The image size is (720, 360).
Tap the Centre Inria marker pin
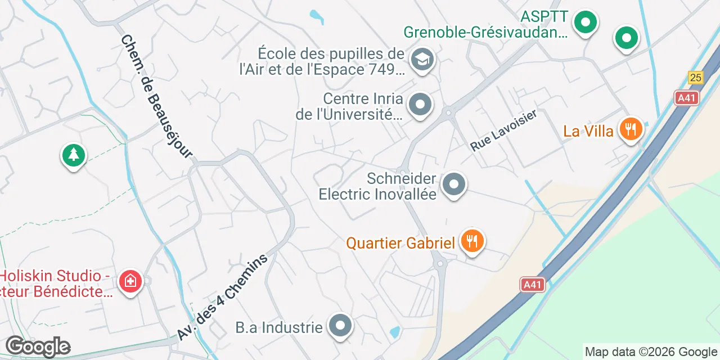(x=420, y=105)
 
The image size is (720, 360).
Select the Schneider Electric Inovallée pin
(x=453, y=184)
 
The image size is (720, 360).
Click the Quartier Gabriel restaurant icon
(x=472, y=242)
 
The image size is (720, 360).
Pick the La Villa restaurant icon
(x=631, y=129)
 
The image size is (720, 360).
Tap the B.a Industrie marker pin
(x=340, y=326)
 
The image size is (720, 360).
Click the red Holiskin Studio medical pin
(x=130, y=281)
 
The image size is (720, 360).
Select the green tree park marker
(x=73, y=155)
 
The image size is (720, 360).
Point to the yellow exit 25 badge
(x=696, y=78)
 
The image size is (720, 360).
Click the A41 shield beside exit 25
(x=686, y=98)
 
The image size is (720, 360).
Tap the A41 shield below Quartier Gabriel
(x=532, y=285)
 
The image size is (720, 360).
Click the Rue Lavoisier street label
(x=504, y=130)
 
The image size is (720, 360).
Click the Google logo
(x=38, y=347)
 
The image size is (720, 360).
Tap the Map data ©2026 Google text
(x=651, y=352)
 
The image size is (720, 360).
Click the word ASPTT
(x=544, y=16)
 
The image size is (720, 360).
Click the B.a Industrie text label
(x=279, y=327)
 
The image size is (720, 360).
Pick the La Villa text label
(x=588, y=131)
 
